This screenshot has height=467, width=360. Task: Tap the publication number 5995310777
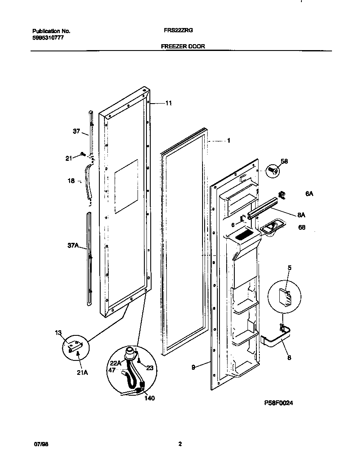tap(48, 37)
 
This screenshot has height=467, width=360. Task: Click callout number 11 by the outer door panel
tap(169, 103)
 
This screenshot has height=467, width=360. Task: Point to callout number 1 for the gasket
tap(228, 141)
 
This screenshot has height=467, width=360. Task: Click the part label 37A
tap(73, 245)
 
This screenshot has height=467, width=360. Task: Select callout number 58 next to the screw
tap(284, 161)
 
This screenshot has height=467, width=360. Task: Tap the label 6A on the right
tap(309, 194)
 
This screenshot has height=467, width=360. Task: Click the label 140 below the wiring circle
tap(149, 398)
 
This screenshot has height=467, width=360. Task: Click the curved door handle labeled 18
tap(90, 182)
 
